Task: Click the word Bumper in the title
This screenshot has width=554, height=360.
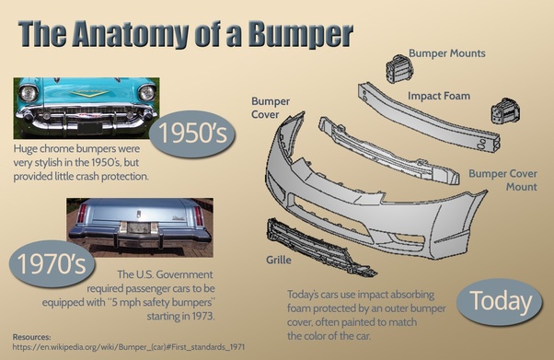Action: [300, 34]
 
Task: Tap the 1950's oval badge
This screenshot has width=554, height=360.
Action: [192, 134]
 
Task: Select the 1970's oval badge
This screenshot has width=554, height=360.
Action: [52, 264]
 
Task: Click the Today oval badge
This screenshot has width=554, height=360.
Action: [500, 302]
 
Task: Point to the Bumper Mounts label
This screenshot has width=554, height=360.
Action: [447, 53]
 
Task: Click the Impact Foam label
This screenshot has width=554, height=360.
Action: [439, 96]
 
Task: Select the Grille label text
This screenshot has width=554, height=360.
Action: [279, 260]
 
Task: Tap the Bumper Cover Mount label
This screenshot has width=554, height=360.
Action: [502, 180]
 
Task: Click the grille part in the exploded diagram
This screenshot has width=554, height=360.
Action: [319, 247]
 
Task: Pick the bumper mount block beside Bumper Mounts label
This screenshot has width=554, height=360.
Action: [399, 69]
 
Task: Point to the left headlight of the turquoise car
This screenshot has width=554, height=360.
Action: [28, 93]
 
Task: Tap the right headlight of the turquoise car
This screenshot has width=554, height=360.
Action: [146, 93]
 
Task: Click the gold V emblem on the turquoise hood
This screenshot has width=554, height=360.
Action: [89, 93]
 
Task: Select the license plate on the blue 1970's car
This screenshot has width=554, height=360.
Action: [138, 227]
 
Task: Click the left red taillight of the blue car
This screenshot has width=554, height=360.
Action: [82, 214]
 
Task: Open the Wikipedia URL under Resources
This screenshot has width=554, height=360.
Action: [129, 347]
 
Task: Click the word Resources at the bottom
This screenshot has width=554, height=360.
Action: [32, 337]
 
